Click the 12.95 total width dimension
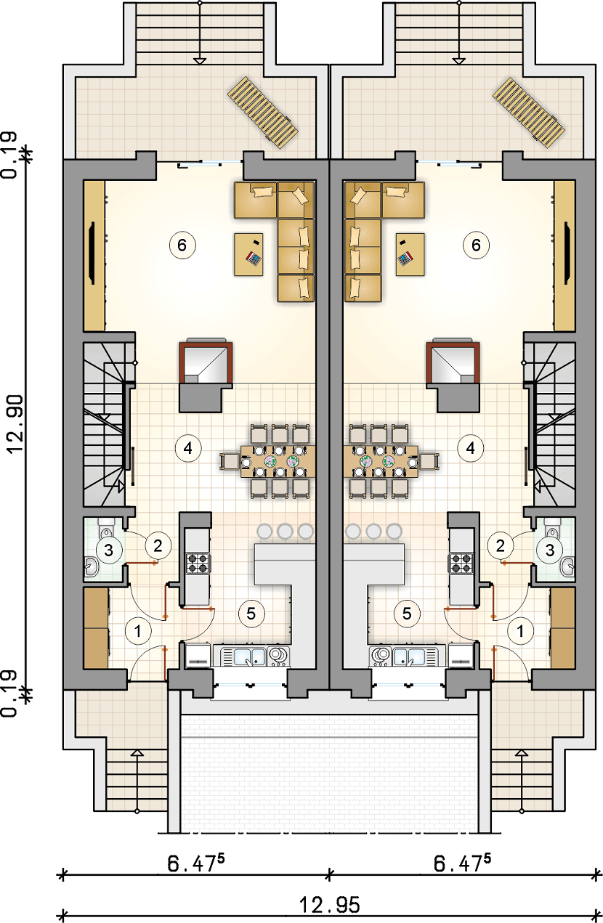[x=329, y=905]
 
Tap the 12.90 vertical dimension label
[x=15, y=424]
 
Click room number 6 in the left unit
[x=182, y=245]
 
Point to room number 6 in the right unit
[x=476, y=245]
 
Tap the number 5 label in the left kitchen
[x=251, y=614]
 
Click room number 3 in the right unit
[x=550, y=550]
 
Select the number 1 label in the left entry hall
[x=137, y=631]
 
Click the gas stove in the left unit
[x=198, y=564]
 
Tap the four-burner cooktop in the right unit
[x=461, y=564]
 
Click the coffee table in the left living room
[x=249, y=254]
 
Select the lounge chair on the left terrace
[x=263, y=113]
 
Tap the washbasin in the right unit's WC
[x=568, y=566]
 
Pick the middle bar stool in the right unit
[x=373, y=531]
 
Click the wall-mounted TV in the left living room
[x=92, y=253]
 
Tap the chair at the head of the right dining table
[x=429, y=462]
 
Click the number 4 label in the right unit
[x=471, y=448]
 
